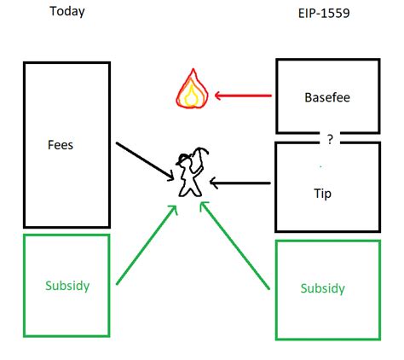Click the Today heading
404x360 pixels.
tap(67, 12)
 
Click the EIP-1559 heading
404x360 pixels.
tap(324, 13)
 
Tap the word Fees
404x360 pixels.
tap(61, 145)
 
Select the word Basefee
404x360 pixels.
tap(327, 97)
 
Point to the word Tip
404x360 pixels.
tap(323, 194)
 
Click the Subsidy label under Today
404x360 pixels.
tap(67, 286)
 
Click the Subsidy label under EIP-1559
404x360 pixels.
tap(323, 288)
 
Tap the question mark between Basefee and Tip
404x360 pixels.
tap(330, 139)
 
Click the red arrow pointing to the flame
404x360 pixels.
tap(243, 96)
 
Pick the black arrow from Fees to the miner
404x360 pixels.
tap(145, 161)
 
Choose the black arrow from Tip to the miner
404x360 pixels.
tap(240, 183)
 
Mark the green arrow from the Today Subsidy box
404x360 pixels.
tap(147, 245)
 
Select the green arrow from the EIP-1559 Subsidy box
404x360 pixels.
tap(234, 246)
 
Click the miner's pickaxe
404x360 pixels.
tap(199, 160)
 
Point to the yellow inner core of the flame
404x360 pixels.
tap(191, 96)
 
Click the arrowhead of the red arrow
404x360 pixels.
tap(218, 96)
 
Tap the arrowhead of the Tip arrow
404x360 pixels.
tap(213, 183)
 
